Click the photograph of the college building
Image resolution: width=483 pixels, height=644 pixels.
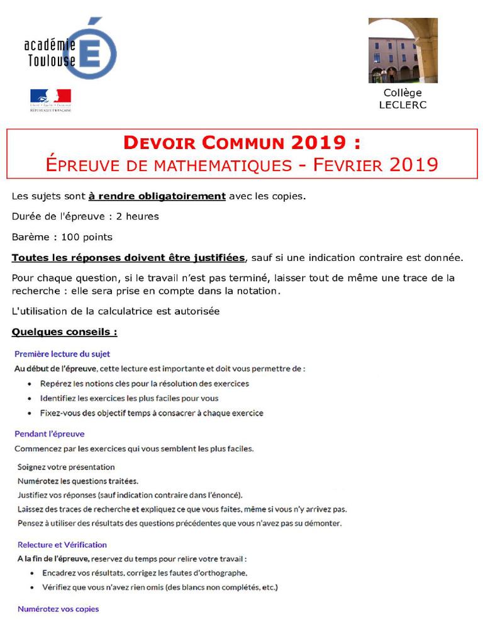click(x=402, y=50)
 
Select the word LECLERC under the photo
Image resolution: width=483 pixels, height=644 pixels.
click(x=402, y=105)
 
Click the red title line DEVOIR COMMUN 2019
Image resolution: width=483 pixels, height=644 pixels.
click(x=242, y=142)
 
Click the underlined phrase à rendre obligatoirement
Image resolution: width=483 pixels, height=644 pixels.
click(x=157, y=196)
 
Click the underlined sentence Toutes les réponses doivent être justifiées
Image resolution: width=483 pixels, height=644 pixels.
click(x=128, y=258)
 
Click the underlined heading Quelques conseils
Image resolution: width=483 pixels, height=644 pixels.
click(x=64, y=331)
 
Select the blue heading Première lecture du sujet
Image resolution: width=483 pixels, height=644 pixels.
click(x=62, y=354)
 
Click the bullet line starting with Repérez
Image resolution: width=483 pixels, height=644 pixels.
click(x=145, y=384)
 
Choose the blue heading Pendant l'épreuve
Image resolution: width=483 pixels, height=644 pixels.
click(x=50, y=434)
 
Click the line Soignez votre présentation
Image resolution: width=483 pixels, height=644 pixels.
click(x=66, y=467)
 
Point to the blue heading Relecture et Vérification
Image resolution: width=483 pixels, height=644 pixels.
click(x=62, y=545)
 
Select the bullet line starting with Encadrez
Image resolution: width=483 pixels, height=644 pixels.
click(x=145, y=573)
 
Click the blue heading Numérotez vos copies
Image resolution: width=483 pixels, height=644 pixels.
click(x=58, y=609)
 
